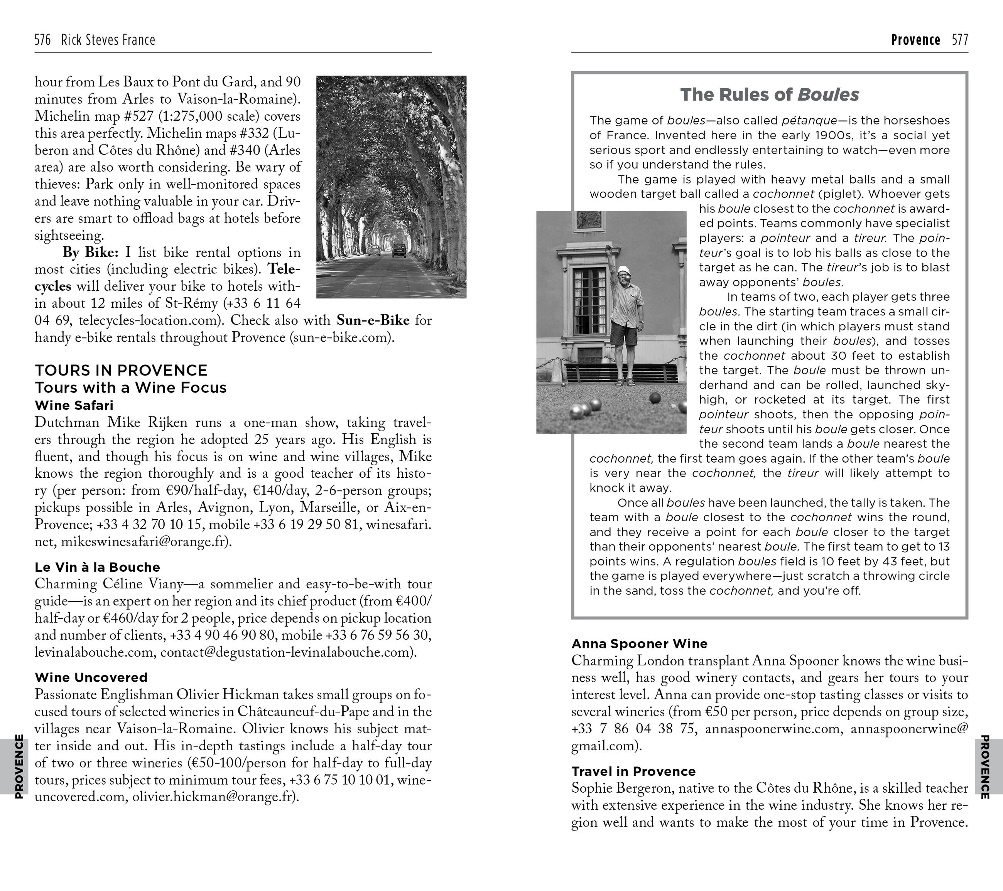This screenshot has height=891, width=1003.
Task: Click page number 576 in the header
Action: point(43,40)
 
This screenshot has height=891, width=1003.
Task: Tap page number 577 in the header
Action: point(960,40)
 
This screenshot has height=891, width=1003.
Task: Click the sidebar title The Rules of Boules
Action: point(770,94)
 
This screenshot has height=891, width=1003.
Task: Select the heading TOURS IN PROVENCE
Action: point(121,370)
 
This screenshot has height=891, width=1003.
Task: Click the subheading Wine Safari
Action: point(74,406)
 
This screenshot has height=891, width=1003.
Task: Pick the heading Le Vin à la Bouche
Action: point(97,568)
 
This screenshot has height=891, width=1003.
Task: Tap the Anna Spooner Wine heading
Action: point(639,644)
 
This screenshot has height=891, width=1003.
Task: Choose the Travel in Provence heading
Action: point(633,771)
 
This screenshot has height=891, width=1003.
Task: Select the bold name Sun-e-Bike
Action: point(373,320)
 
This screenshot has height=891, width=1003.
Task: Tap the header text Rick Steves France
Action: point(108,40)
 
